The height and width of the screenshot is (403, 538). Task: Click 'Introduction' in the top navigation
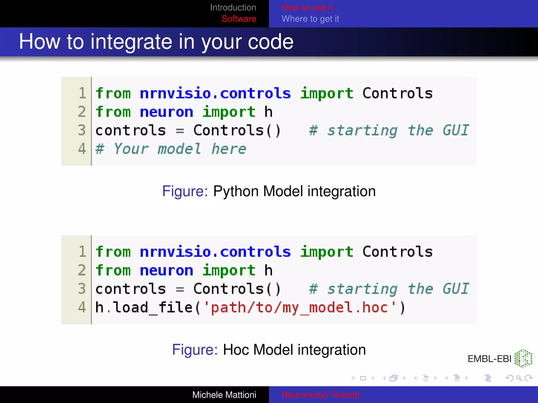click(233, 8)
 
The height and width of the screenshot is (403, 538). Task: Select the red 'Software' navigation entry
click(239, 19)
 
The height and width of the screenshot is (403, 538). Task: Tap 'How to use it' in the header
click(307, 8)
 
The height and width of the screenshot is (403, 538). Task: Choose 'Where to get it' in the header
click(310, 19)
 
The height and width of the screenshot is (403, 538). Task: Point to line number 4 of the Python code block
click(82, 149)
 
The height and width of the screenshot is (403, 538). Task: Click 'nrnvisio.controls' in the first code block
click(215, 93)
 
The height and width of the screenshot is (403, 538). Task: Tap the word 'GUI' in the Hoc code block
click(456, 289)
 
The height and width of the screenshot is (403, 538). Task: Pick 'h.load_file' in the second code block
click(144, 307)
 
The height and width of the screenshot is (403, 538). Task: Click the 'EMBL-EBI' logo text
click(489, 359)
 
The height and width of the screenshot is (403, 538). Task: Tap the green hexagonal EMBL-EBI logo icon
click(523, 358)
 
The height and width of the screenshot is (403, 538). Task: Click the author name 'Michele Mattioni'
click(224, 395)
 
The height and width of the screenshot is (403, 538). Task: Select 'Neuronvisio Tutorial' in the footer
click(320, 395)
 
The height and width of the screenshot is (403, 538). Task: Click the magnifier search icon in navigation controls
click(519, 378)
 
